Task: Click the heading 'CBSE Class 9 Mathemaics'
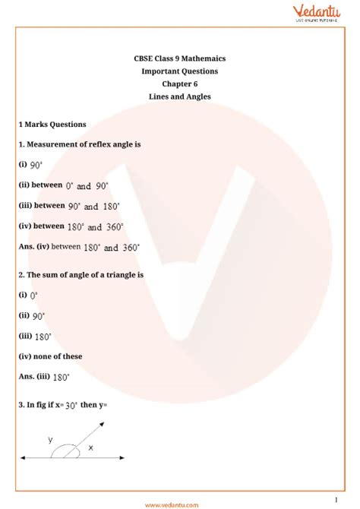[x=179, y=58]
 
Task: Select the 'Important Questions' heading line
[x=179, y=71]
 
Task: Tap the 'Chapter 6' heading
[x=179, y=84]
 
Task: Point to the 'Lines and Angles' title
[x=179, y=96]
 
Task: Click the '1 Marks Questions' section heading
[x=52, y=124]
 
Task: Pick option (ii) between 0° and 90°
[x=64, y=185]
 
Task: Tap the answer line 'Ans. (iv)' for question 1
[x=79, y=247]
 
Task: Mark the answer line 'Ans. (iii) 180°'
[x=45, y=376]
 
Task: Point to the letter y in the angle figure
[x=50, y=440]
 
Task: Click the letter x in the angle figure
[x=90, y=448]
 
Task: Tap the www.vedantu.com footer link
[x=172, y=504]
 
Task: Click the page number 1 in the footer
[x=335, y=499]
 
